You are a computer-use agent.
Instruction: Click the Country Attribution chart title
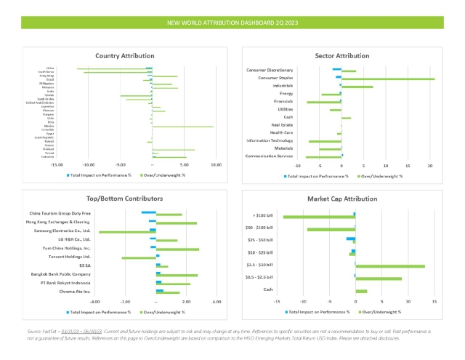pyautogui.click(x=125, y=55)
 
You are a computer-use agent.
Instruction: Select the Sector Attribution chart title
pyautogui.click(x=342, y=55)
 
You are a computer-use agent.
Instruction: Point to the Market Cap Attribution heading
pyautogui.click(x=342, y=198)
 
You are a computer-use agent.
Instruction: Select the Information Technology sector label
pyautogui.click(x=270, y=140)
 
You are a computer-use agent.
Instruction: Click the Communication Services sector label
pyautogui.click(x=270, y=156)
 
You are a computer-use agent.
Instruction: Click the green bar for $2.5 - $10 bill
pyautogui.click(x=390, y=266)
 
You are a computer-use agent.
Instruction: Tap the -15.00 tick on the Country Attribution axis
pyautogui.click(x=55, y=165)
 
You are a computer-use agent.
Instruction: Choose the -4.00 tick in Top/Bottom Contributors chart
pyautogui.click(x=95, y=301)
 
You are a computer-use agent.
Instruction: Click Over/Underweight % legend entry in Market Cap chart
pyautogui.click(x=382, y=311)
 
